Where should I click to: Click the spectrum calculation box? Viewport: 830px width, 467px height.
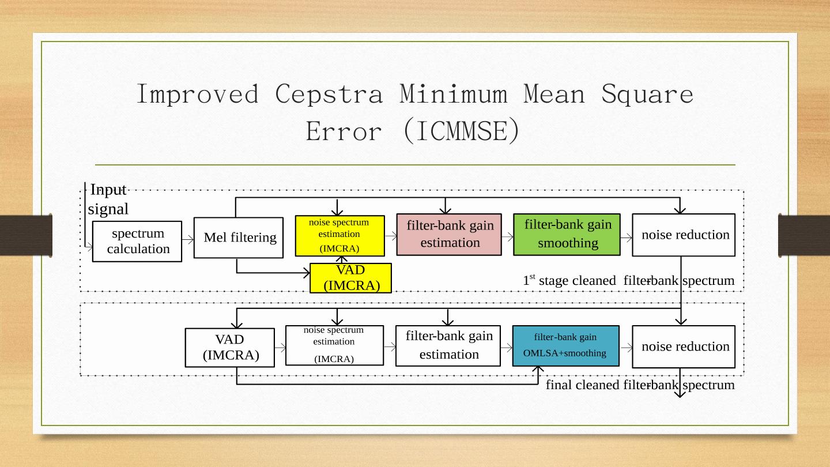point(137,241)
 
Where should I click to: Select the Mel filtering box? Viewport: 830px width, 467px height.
point(239,238)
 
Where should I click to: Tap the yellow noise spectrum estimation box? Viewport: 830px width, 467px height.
point(339,235)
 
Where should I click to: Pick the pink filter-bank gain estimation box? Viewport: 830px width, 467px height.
point(449,234)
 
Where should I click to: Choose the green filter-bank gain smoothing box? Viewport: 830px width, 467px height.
point(567,234)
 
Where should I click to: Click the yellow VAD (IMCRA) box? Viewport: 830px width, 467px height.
point(350,278)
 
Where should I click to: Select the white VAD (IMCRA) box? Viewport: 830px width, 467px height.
point(222,347)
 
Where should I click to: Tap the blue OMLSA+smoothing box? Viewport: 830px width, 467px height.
point(565,345)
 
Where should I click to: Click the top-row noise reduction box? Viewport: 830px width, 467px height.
point(684,235)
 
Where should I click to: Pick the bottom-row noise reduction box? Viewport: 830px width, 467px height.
point(684,347)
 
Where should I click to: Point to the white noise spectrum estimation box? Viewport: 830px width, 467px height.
point(334,345)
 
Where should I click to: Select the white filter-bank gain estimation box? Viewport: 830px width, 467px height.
point(448,345)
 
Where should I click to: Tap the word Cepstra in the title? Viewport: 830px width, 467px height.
point(329,94)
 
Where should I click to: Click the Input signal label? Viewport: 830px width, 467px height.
point(108,199)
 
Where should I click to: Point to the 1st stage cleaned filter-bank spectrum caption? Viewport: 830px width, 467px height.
point(628,281)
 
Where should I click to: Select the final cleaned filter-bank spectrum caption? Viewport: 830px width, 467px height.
point(640,385)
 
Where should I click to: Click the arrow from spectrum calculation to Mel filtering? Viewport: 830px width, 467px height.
point(188,239)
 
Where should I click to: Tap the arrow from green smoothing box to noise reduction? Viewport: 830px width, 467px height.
point(627,236)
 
